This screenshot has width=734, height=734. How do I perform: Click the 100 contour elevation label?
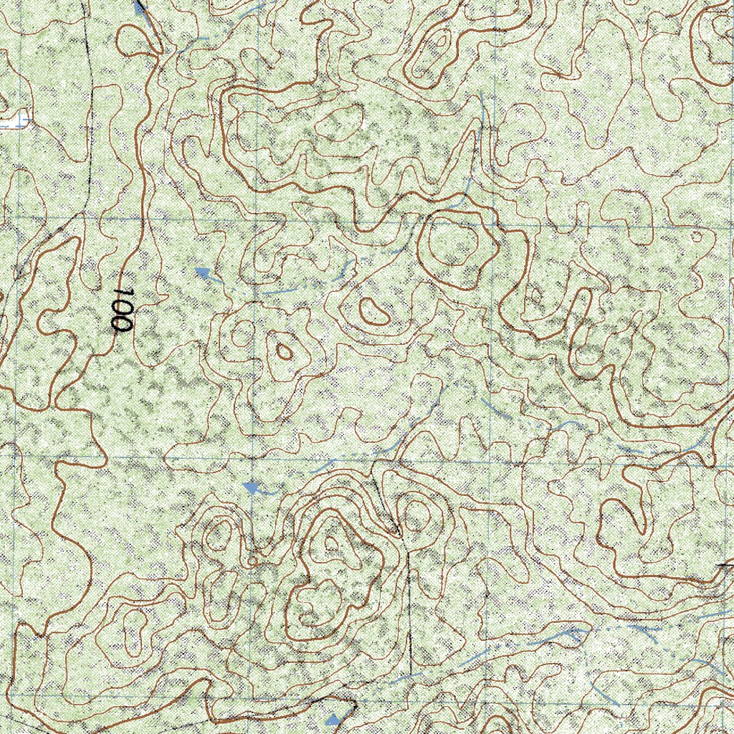(x=123, y=310)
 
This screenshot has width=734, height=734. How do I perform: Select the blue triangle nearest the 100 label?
(x=204, y=272)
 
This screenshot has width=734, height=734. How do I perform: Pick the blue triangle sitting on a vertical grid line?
(x=251, y=488)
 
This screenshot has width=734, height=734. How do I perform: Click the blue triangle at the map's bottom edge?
(x=333, y=720)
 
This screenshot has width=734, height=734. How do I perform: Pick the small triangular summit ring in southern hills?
(x=331, y=543)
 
